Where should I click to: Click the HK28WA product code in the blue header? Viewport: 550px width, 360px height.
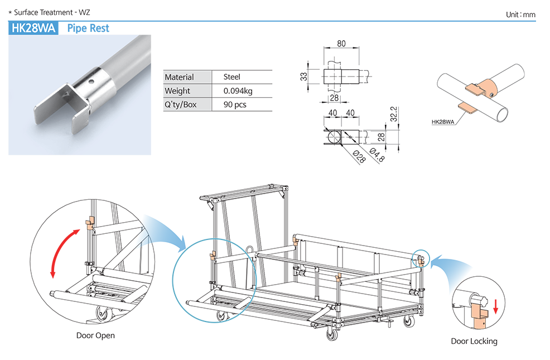tap(33, 28)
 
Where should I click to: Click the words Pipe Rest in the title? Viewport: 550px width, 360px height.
tap(88, 28)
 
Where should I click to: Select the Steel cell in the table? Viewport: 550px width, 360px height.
tap(231, 77)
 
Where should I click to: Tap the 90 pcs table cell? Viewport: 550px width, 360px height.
tap(235, 104)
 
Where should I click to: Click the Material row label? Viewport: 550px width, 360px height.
tap(179, 77)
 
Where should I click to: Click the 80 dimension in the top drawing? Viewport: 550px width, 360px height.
tap(341, 43)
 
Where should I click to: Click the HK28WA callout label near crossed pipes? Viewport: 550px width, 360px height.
tap(444, 121)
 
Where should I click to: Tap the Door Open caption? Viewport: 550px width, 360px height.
tap(95, 335)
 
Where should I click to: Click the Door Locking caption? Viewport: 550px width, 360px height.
tap(474, 341)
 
